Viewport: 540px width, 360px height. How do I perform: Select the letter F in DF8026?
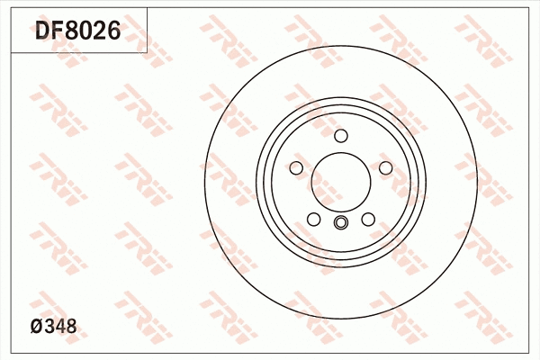click(58, 32)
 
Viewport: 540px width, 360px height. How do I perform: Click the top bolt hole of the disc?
click(340, 136)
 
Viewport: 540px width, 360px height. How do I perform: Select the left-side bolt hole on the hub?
click(295, 168)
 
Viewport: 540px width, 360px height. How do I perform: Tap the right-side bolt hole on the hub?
click(385, 168)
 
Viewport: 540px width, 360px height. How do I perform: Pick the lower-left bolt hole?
click(312, 220)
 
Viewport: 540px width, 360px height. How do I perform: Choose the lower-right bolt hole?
click(368, 220)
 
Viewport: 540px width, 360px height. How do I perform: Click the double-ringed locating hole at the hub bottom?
click(340, 223)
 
